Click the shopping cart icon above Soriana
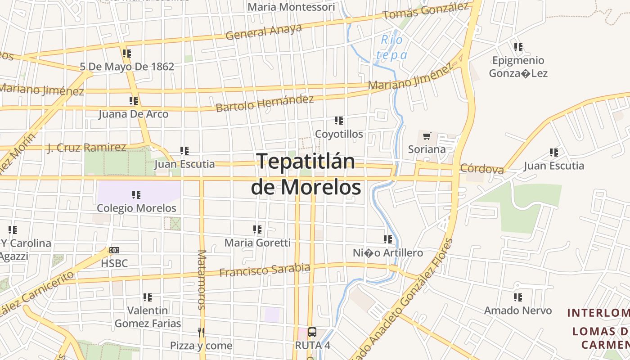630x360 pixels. click(x=427, y=136)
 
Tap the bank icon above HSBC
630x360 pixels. click(x=114, y=250)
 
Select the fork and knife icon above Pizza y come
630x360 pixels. click(x=201, y=333)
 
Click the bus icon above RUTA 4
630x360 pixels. click(x=312, y=333)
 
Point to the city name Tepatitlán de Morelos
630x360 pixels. click(x=306, y=174)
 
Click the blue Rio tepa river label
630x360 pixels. click(x=392, y=47)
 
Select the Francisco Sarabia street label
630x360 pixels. click(x=265, y=270)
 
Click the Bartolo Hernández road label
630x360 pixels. click(x=265, y=103)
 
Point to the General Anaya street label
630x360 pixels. click(x=264, y=31)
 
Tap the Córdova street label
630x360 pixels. click(x=482, y=169)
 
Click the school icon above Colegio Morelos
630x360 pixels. click(x=136, y=195)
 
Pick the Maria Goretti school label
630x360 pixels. click(x=257, y=243)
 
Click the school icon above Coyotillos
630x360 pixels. click(x=339, y=121)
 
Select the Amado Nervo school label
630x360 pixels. click(x=517, y=310)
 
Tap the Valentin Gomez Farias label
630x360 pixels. click(x=148, y=317)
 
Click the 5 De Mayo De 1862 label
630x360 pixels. click(x=127, y=67)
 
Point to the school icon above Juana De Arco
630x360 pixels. click(x=134, y=101)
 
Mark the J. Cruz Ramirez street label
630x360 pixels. click(x=87, y=147)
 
